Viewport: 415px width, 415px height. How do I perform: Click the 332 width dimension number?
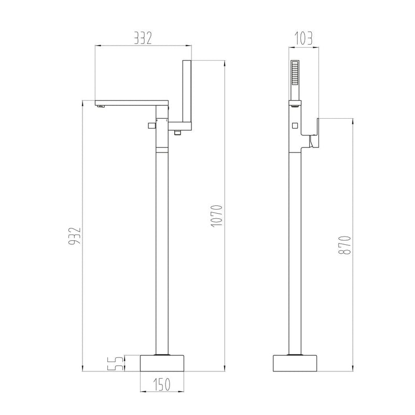(x=143, y=38)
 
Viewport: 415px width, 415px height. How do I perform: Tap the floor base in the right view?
(x=296, y=363)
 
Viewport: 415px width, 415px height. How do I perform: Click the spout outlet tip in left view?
(x=101, y=106)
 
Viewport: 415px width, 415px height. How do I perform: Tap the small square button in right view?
(x=295, y=125)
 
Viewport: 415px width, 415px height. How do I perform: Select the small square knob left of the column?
(x=150, y=125)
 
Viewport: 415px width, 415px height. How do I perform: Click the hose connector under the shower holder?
(x=178, y=133)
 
